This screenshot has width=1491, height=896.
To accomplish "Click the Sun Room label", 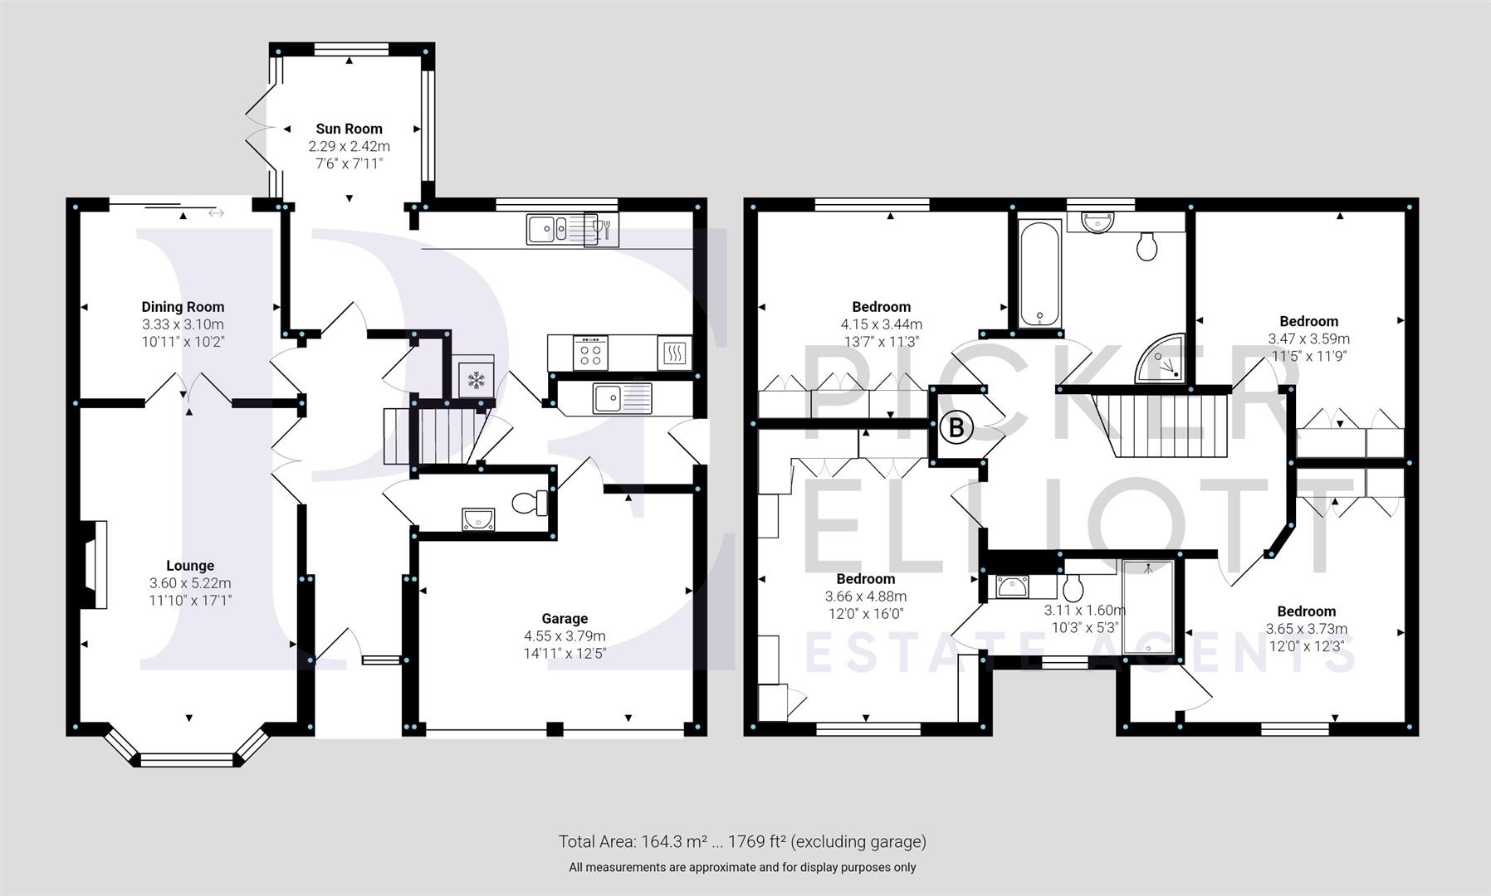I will pyautogui.click(x=349, y=129).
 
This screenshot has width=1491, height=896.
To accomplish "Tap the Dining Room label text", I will pyautogui.click(x=183, y=307).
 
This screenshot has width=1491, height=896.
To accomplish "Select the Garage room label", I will pyautogui.click(x=565, y=618).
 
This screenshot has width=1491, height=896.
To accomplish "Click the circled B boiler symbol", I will pyautogui.click(x=956, y=428).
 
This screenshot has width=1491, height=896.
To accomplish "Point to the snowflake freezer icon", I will pyautogui.click(x=476, y=381).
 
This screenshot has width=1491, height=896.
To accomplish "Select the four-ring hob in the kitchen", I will pyautogui.click(x=590, y=353).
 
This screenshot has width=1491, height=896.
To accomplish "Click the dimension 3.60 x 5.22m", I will pyautogui.click(x=190, y=583).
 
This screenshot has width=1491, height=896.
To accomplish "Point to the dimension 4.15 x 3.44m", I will pyautogui.click(x=881, y=324).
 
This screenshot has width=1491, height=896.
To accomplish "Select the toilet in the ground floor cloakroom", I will pyautogui.click(x=529, y=503).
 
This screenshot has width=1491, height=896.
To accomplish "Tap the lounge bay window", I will pyautogui.click(x=186, y=757).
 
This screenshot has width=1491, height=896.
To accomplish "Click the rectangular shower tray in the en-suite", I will pyautogui.click(x=1148, y=609).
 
